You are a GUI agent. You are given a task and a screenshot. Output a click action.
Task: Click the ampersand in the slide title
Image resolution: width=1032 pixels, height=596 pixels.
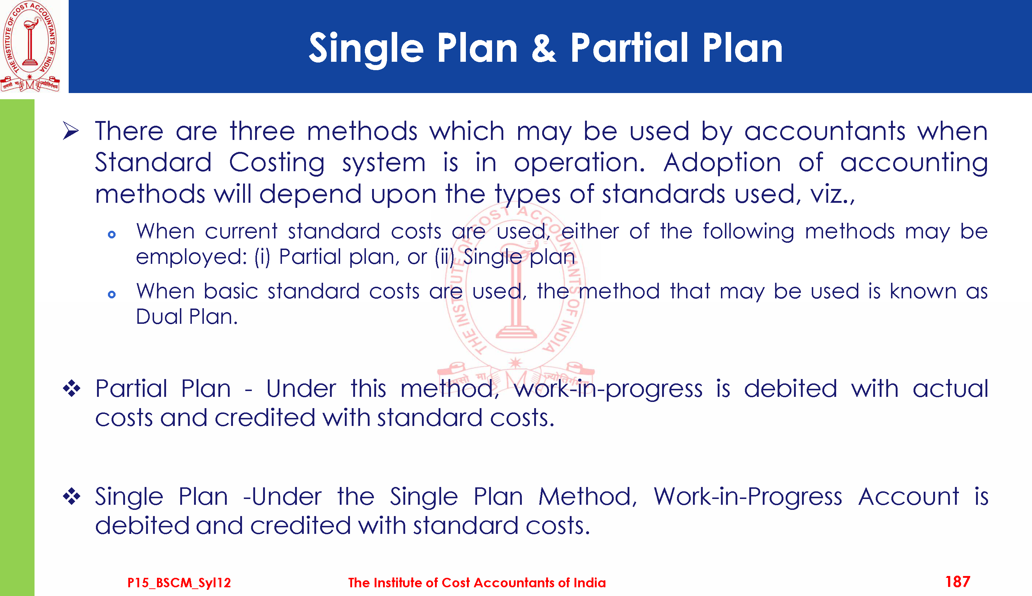(544, 48)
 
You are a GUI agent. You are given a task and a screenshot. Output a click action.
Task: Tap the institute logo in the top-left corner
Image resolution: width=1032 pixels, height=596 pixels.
(30, 46)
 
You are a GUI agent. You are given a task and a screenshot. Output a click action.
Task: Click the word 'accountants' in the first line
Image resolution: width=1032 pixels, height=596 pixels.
(825, 132)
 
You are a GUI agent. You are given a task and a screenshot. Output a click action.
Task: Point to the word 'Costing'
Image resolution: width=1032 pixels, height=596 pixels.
(277, 163)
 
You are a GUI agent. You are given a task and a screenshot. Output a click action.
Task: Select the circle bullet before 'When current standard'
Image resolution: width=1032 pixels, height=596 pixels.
(112, 234)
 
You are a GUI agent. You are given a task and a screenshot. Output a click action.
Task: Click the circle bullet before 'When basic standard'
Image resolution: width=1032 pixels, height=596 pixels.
(112, 294)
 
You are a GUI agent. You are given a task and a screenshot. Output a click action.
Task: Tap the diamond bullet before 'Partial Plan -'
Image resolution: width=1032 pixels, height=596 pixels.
(72, 388)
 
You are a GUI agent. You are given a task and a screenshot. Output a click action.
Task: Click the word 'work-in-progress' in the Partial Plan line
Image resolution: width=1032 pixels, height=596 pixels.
(608, 389)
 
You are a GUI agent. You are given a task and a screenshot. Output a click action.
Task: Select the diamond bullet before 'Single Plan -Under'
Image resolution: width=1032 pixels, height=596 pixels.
(72, 496)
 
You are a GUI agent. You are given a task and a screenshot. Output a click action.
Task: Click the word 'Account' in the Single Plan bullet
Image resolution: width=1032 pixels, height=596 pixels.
(908, 496)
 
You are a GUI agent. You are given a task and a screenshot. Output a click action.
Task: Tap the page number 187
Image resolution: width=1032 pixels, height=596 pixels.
(958, 581)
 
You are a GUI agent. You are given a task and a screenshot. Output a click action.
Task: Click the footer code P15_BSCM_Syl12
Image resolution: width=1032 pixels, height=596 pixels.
(179, 583)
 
